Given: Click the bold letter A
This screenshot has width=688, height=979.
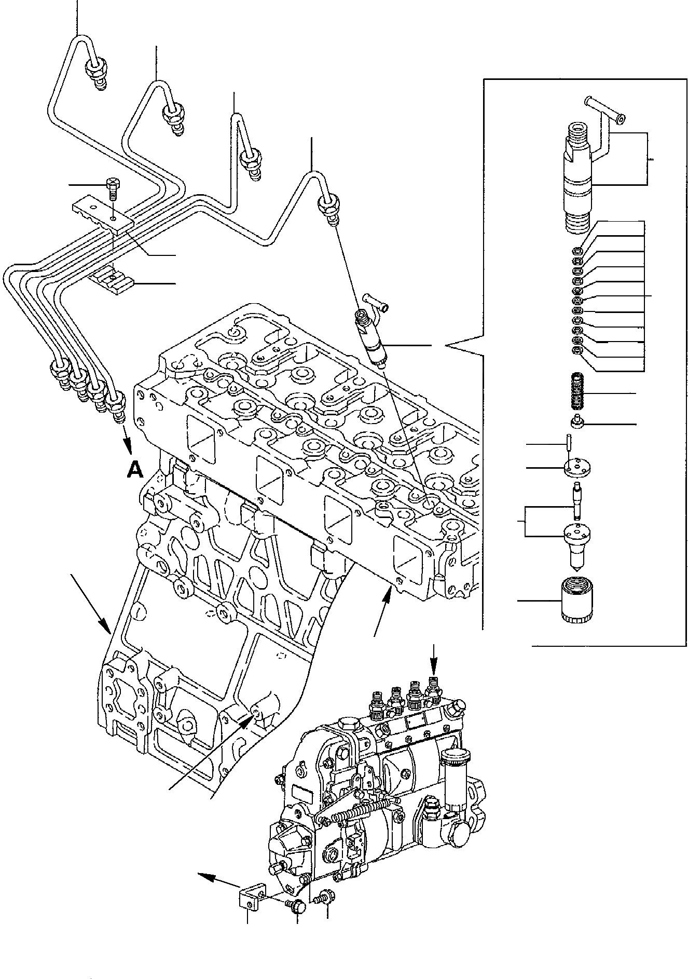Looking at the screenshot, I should point(135,469).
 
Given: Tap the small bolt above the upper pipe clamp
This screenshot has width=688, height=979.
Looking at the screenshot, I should point(113,188).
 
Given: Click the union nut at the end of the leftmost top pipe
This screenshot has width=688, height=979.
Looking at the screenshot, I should point(96,68).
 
